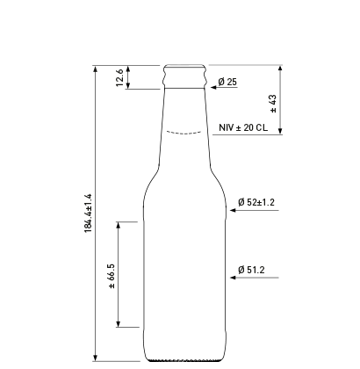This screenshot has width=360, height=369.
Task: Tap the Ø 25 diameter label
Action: click(227, 82)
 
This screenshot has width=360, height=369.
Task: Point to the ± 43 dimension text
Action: click(273, 103)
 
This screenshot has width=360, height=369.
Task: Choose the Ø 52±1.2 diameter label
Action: click(256, 202)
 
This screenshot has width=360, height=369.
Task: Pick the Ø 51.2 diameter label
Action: click(251, 270)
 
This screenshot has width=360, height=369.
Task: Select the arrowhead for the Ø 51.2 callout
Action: click(230, 279)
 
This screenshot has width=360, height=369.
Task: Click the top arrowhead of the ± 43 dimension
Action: click(280, 69)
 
